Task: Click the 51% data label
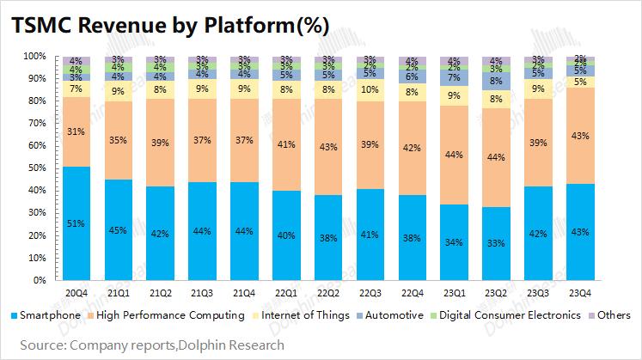tap(76, 223)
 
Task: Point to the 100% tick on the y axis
tap(34, 57)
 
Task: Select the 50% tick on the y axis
tap(36, 168)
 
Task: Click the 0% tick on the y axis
tap(39, 280)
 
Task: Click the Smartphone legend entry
tap(47, 314)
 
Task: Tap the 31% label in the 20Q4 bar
tap(76, 131)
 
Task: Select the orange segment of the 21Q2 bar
tap(160, 142)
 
